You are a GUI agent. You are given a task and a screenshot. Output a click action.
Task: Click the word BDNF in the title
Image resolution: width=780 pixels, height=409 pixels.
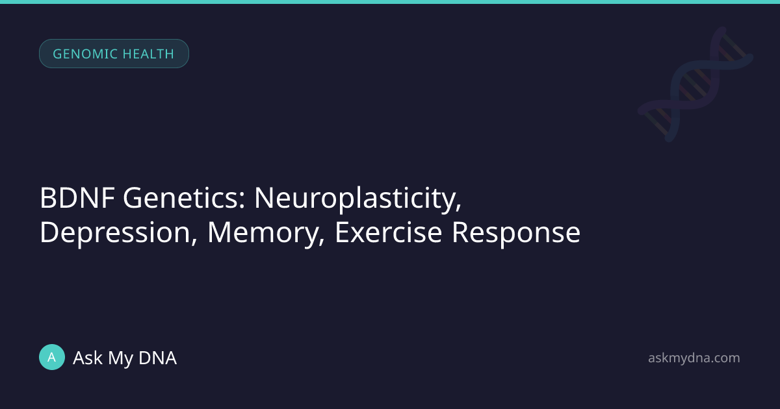pyautogui.click(x=77, y=198)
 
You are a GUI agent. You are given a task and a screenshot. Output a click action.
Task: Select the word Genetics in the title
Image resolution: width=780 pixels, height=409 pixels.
pyautogui.click(x=180, y=198)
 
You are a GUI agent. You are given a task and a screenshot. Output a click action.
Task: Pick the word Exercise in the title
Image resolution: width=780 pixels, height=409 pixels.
pyautogui.click(x=388, y=232)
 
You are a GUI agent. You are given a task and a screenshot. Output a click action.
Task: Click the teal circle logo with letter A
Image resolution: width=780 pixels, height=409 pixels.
pyautogui.click(x=52, y=357)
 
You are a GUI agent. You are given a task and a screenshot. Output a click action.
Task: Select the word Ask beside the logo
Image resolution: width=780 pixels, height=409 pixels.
pyautogui.click(x=88, y=358)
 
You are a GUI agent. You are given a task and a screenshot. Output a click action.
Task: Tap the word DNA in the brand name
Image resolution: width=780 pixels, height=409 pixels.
pyautogui.click(x=157, y=358)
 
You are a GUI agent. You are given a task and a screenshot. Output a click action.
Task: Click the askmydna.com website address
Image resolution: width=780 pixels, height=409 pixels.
pyautogui.click(x=694, y=358)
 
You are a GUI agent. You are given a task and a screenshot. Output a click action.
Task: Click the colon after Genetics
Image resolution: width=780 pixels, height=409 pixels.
pyautogui.click(x=242, y=201)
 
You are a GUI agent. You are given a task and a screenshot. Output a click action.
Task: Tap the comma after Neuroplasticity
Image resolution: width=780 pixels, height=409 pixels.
pyautogui.click(x=458, y=207)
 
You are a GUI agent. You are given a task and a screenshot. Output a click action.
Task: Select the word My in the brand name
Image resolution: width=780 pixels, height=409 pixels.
pyautogui.click(x=120, y=358)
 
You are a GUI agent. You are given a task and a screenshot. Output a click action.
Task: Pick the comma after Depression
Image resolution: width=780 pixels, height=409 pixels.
pyautogui.click(x=194, y=242)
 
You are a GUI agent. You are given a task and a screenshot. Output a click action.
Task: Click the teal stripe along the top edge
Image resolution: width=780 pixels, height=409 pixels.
pyautogui.click(x=390, y=2)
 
